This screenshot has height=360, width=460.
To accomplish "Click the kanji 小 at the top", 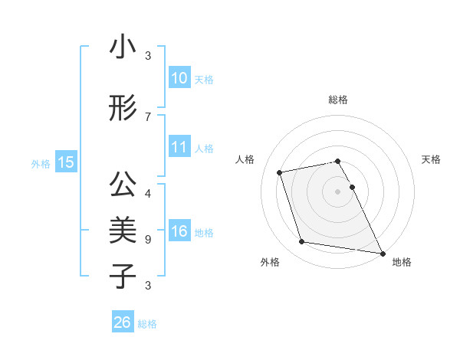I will pos(123,47).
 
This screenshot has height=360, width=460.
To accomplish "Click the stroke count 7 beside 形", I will pos(148,116).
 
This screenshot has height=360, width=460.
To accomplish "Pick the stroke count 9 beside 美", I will pos(148,239).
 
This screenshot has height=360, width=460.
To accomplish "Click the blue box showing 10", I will pos(179,78).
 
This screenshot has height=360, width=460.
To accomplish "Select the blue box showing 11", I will pos(179,147).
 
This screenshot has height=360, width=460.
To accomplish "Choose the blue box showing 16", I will pos(179,231).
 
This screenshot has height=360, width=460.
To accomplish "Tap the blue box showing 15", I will pos(65,162).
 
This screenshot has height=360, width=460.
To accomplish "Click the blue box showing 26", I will pos(122,322).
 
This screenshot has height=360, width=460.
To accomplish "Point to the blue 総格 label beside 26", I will pos(147,324).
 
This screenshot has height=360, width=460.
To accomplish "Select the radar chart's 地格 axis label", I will pos(402,262).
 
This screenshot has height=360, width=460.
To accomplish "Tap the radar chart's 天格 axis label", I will pos(431,159).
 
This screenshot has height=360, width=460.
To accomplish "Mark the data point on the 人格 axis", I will pos(280,172).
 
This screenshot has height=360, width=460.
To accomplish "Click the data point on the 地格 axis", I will pos(382,253).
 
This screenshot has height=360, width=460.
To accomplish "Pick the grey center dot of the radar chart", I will pos(337,191).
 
